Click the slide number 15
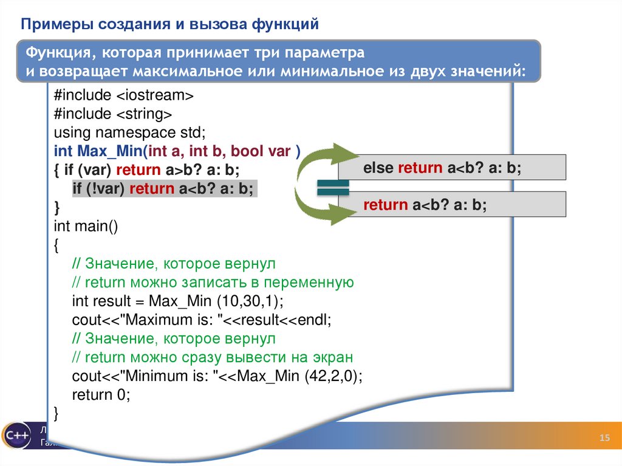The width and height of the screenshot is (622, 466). (x=604, y=439)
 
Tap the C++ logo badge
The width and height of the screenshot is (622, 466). (x=15, y=435)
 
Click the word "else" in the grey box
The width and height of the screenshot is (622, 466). (x=378, y=168)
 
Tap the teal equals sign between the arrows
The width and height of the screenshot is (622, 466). (x=333, y=188)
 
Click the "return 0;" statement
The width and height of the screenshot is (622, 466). (x=101, y=394)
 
